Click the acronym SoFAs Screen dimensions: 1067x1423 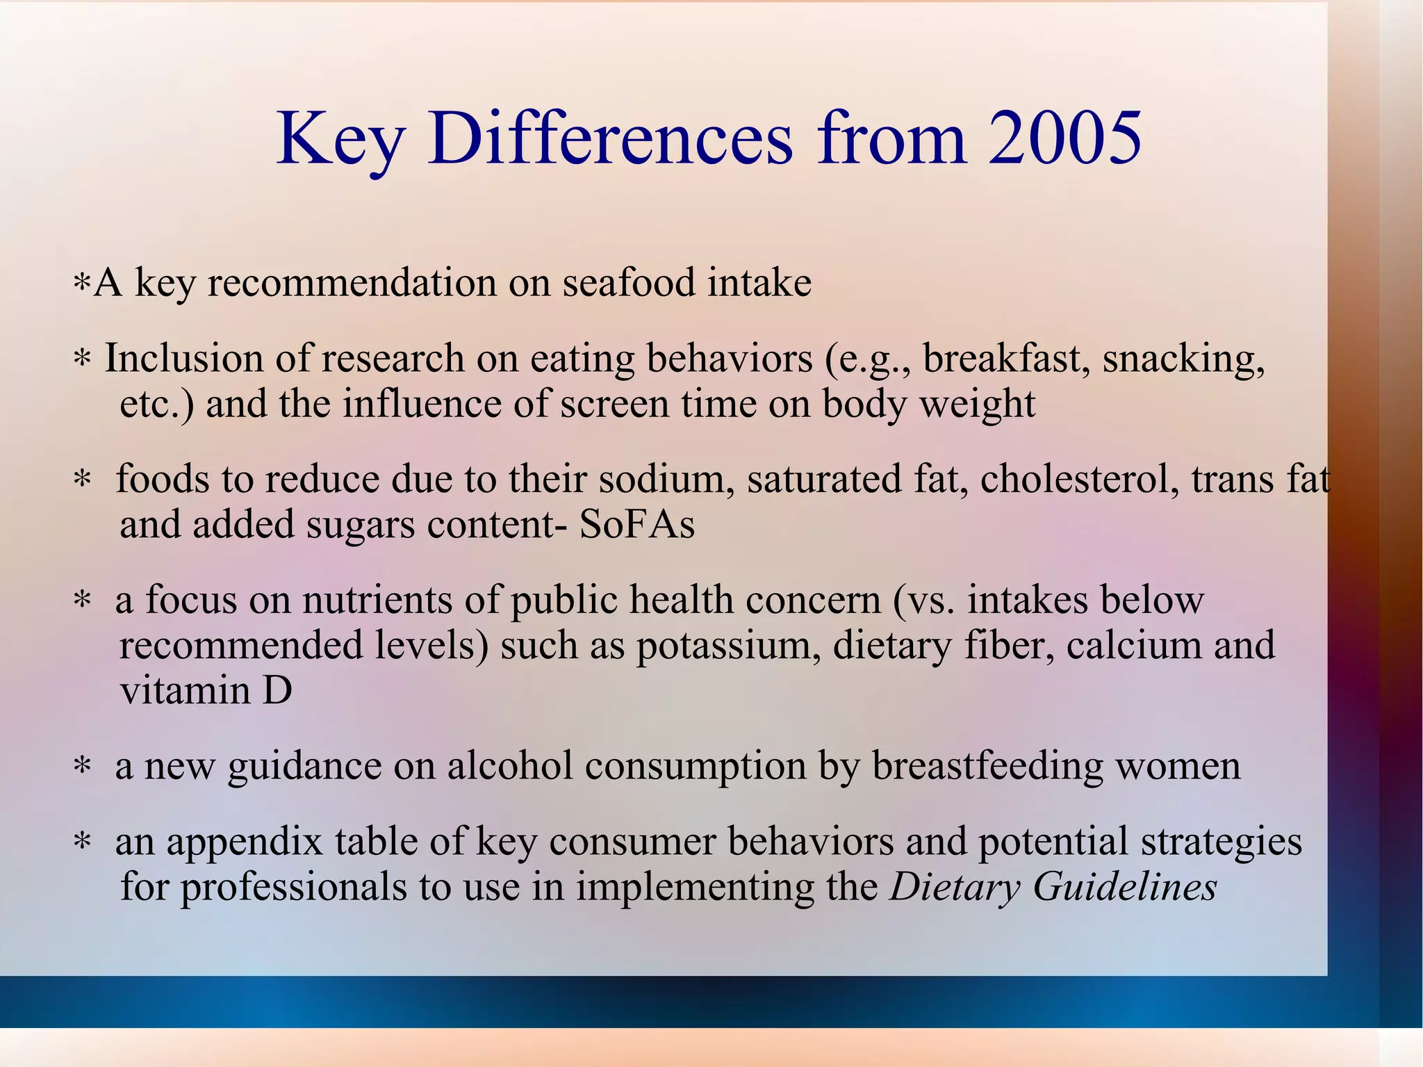click(x=637, y=524)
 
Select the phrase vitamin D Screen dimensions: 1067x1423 click(x=206, y=690)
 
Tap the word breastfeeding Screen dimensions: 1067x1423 click(x=987, y=766)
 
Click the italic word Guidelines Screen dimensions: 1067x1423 click(x=1125, y=887)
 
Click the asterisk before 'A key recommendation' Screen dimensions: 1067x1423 click(x=82, y=284)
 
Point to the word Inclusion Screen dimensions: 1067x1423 click(x=183, y=359)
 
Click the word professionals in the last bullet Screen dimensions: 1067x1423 click(x=293, y=888)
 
